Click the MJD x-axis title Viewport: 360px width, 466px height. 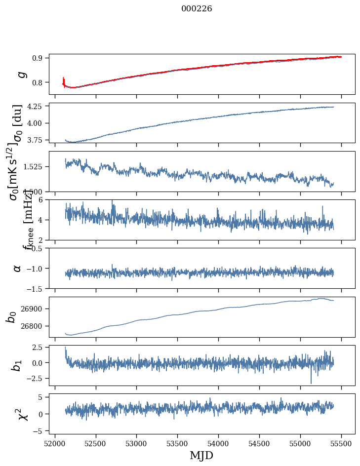pos(201,456)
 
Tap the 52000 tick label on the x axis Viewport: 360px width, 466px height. pos(55,444)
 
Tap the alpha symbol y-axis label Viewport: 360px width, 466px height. pos(17,268)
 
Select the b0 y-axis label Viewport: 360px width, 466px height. pos(12,316)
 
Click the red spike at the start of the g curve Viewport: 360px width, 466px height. pos(64,80)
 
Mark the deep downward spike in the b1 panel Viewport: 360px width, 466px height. pos(311,383)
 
